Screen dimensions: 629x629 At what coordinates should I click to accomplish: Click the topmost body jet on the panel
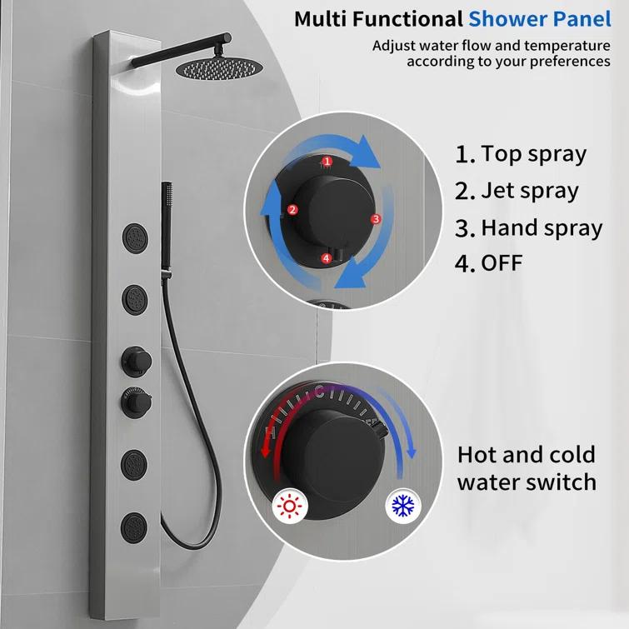pyautogui.click(x=134, y=236)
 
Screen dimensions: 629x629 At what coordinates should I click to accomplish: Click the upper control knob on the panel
pyautogui.click(x=134, y=360)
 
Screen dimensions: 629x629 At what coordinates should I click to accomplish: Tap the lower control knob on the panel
pyautogui.click(x=134, y=404)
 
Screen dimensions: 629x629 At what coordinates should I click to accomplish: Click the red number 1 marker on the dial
pyautogui.click(x=327, y=161)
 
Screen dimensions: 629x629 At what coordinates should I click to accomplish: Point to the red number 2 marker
pyautogui.click(x=292, y=210)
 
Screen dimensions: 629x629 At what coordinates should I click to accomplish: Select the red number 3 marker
pyautogui.click(x=376, y=219)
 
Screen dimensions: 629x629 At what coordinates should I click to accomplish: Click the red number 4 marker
pyautogui.click(x=327, y=259)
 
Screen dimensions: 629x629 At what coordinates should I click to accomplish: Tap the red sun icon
pyautogui.click(x=289, y=506)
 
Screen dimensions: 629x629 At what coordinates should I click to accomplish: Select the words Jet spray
pyautogui.click(x=529, y=191)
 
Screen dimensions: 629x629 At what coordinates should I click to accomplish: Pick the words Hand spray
pyautogui.click(x=542, y=227)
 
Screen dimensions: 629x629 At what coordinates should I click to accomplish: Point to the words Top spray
pyautogui.click(x=533, y=154)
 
